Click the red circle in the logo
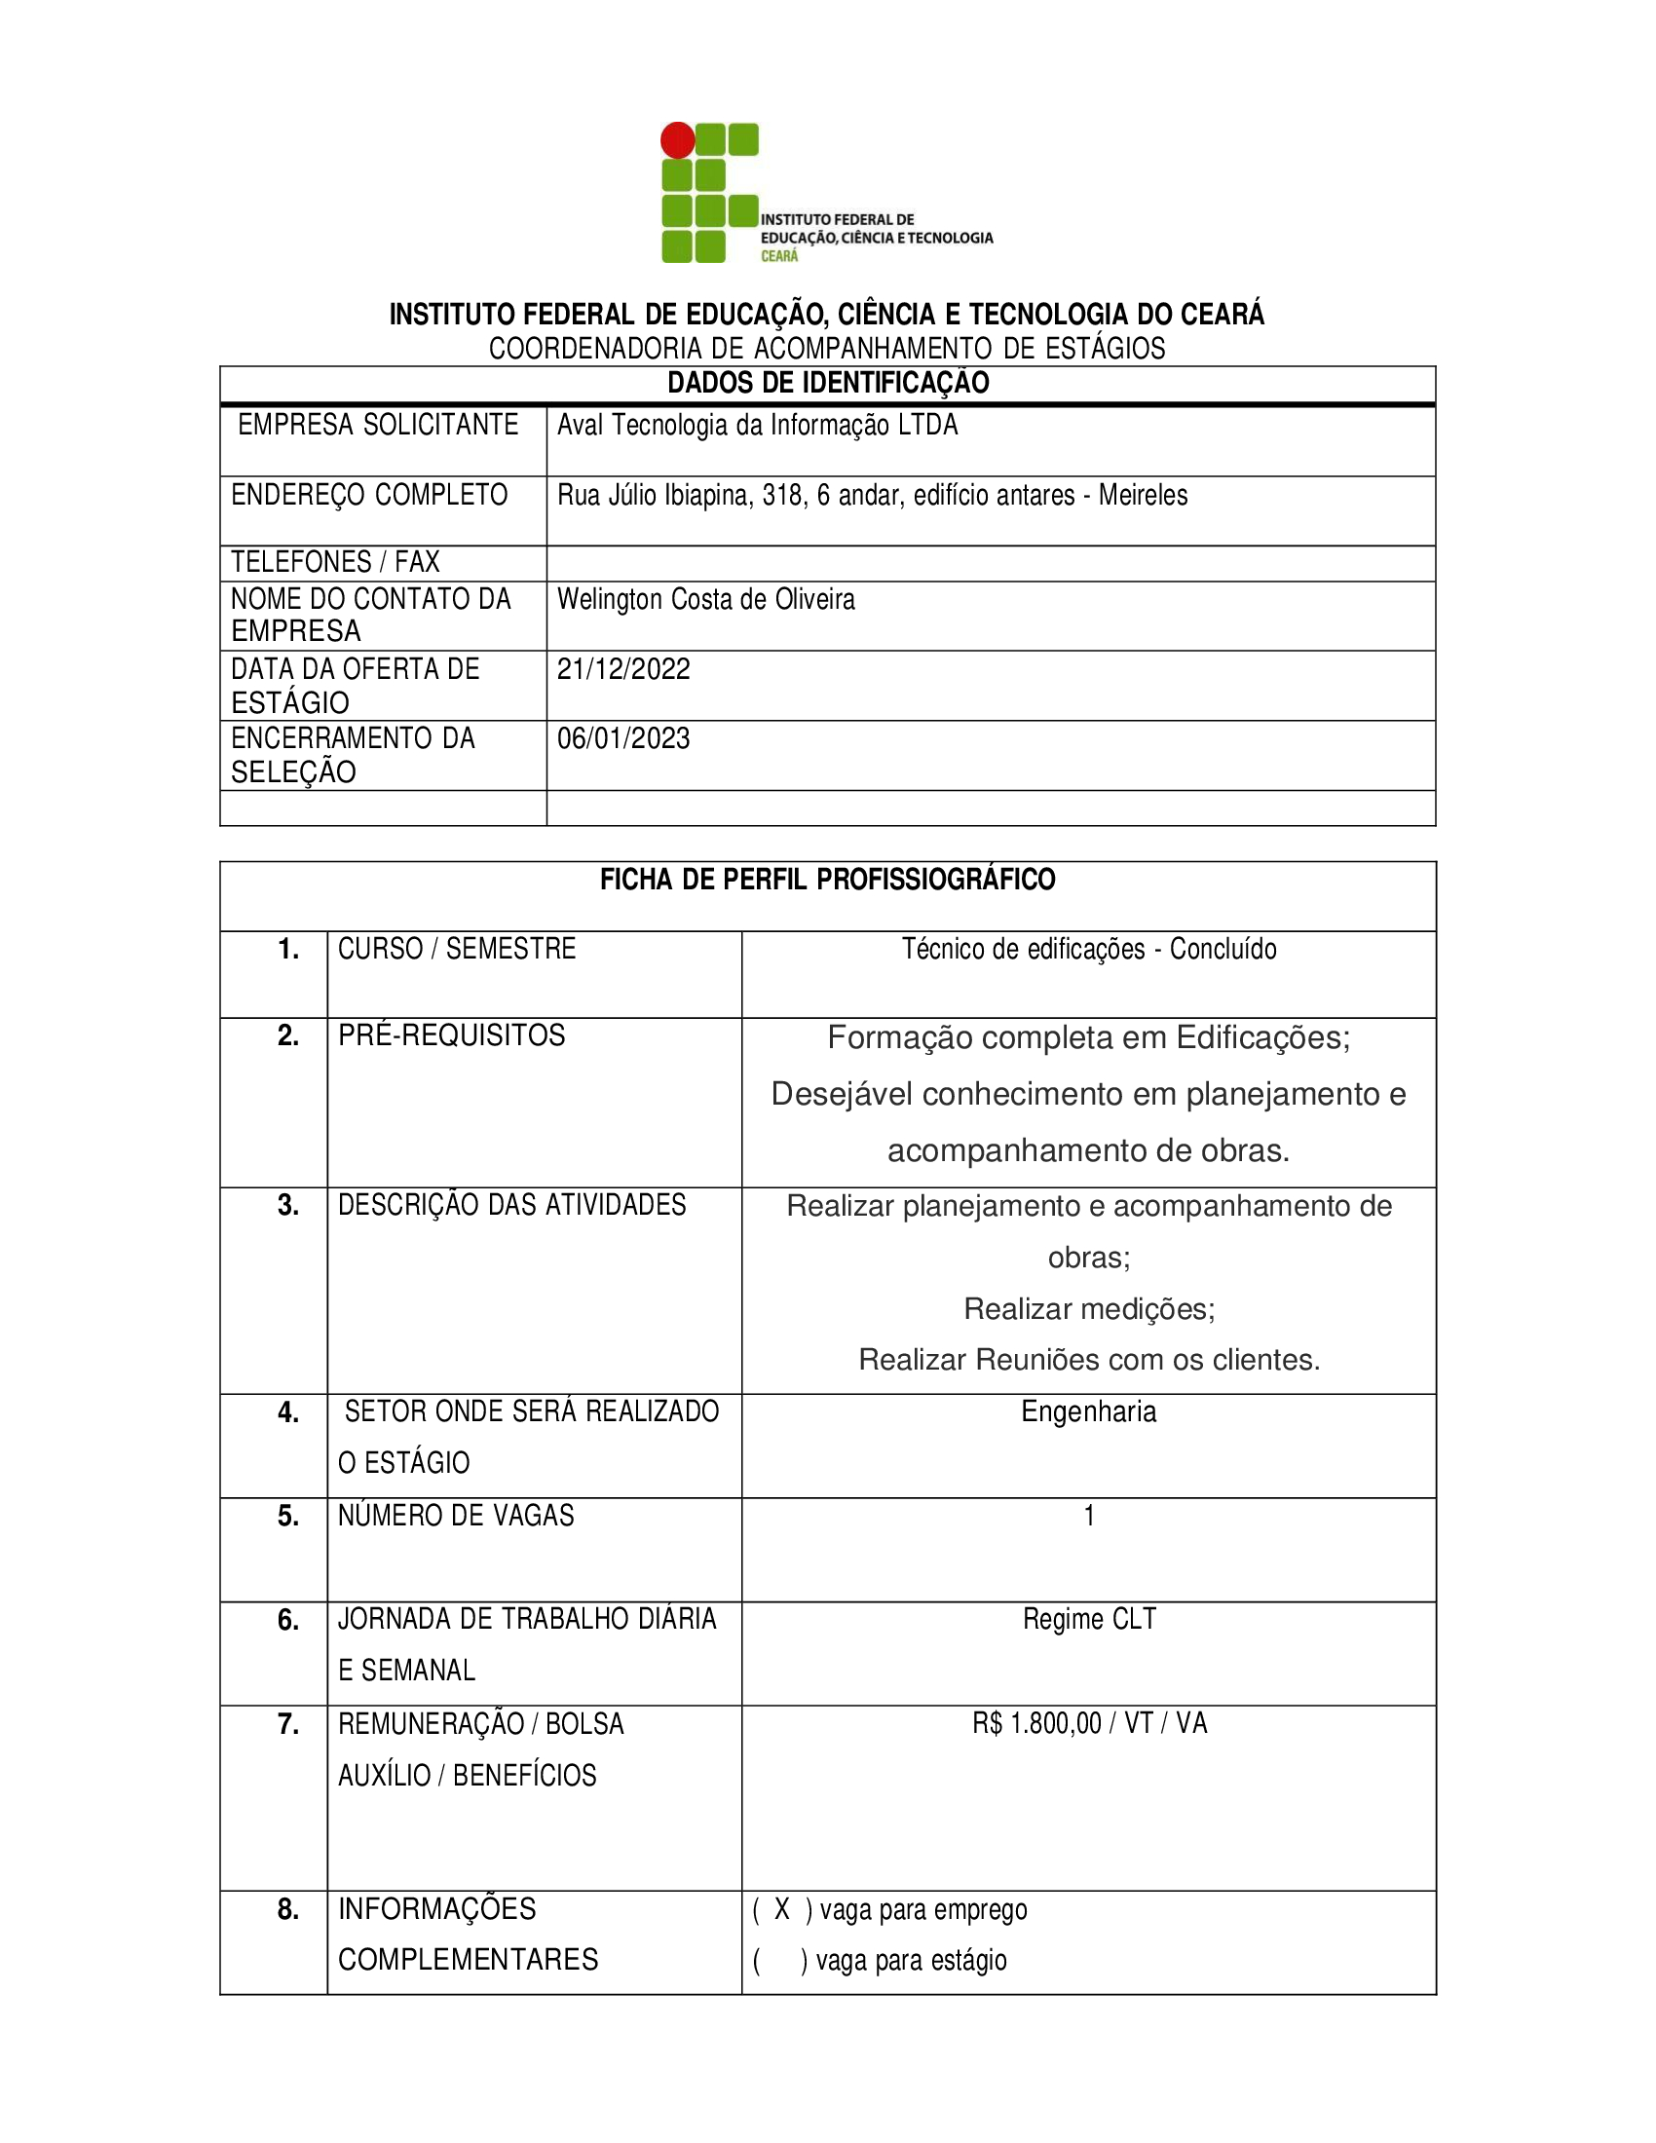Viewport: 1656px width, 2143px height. (677, 140)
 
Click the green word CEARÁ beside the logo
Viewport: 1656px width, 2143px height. (780, 256)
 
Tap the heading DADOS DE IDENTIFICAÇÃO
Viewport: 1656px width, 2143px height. (828, 383)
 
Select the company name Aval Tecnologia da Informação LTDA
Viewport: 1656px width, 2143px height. (757, 425)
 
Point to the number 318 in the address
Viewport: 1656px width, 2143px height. (782, 495)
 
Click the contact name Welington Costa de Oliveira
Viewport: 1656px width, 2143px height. (705, 598)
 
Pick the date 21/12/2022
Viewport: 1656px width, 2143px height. (624, 669)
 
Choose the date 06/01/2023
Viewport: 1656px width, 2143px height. (624, 738)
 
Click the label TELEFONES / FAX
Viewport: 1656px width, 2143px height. (335, 562)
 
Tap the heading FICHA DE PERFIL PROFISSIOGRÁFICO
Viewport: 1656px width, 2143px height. (828, 880)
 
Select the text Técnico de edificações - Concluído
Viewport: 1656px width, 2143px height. (1089, 949)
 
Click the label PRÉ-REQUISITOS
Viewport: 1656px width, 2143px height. (451, 1035)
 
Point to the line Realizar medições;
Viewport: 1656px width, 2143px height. (1089, 1309)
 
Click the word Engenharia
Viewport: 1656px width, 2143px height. (1089, 1411)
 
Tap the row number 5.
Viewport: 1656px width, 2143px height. (288, 1516)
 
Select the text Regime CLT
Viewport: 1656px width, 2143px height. (1089, 1619)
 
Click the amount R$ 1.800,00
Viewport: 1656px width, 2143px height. (1037, 1723)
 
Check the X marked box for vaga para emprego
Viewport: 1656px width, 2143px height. (782, 1909)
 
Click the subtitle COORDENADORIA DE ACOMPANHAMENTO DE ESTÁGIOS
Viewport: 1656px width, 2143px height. (827, 349)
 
